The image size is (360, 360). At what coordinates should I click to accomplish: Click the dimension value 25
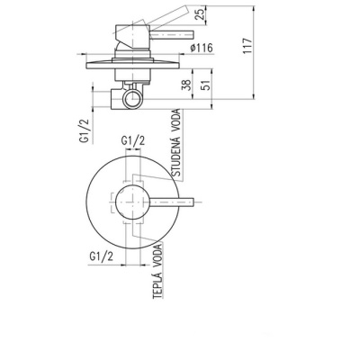pos(201,13)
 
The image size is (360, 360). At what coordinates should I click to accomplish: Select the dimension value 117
pos(247,46)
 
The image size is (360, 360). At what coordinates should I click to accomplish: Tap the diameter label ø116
pos(202,48)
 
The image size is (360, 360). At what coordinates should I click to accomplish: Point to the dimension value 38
pos(186,85)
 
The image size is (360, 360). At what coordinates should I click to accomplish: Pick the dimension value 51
pos(207,85)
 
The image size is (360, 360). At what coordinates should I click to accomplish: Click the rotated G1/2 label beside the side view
pos(85,131)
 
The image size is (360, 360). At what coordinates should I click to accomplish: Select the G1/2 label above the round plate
pos(133,140)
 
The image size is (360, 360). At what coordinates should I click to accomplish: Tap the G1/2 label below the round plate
pos(102,256)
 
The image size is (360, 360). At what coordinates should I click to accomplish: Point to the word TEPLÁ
pos(157,284)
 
